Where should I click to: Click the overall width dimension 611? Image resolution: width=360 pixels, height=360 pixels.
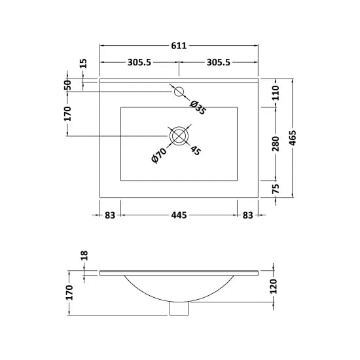(179, 46)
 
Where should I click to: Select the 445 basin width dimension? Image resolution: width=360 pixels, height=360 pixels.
(179, 215)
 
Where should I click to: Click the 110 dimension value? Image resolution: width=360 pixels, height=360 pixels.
(275, 92)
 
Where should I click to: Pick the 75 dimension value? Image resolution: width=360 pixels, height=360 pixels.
(275, 189)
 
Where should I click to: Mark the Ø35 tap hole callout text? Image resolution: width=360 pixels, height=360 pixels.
(197, 107)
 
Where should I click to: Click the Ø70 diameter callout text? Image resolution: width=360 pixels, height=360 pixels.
(157, 154)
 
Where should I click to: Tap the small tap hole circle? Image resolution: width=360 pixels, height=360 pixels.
(179, 92)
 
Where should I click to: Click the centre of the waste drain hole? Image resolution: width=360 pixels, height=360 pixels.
(179, 136)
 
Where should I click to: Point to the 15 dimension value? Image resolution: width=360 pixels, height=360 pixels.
(84, 63)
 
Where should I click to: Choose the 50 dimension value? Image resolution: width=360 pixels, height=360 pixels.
(67, 84)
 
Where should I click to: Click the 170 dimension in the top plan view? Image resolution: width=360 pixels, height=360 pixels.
(67, 113)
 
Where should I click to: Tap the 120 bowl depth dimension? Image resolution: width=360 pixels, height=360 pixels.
(275, 287)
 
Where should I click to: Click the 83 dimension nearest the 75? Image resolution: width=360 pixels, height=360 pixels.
(248, 215)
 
